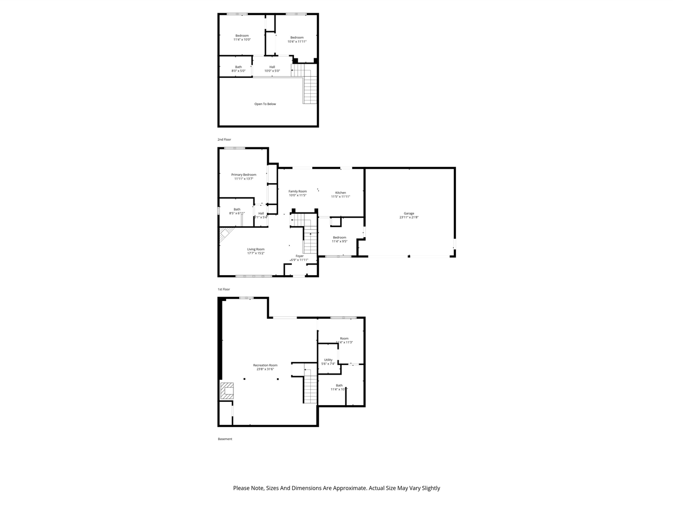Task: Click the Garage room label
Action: point(409,213)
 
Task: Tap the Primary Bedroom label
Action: point(243,175)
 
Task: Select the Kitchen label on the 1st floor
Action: point(341,193)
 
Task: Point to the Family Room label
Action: point(298,191)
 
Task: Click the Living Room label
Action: point(256,249)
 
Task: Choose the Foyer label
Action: point(300,256)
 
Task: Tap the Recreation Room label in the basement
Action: point(265,365)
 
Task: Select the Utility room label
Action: point(328,360)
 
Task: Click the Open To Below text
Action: point(265,104)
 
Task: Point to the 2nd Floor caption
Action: point(225,139)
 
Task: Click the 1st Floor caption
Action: point(224,289)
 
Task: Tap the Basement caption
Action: point(225,439)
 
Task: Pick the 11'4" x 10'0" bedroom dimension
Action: point(242,39)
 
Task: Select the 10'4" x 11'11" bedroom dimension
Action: point(297,42)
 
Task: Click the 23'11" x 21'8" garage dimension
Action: point(409,217)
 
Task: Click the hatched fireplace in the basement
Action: point(227,391)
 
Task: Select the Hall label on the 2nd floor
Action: point(272,67)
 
